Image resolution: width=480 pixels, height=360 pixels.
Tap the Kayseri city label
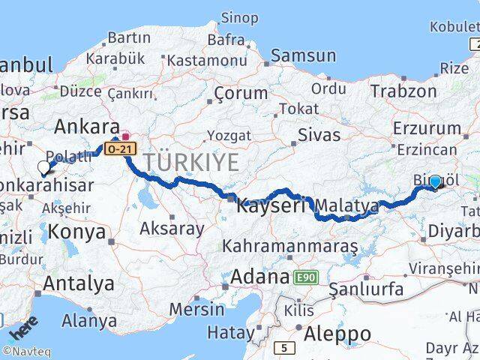pyautogui.click(x=271, y=205)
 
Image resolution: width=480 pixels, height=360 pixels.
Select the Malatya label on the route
pyautogui.click(x=347, y=205)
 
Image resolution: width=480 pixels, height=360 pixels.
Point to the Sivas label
pyautogui.click(x=319, y=135)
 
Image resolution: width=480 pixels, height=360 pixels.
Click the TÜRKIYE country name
pyautogui.click(x=191, y=161)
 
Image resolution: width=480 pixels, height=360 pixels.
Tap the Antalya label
pyautogui.click(x=79, y=283)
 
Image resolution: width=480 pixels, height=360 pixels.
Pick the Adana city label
pyautogui.click(x=259, y=277)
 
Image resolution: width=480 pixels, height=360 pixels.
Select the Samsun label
pyautogui.click(x=303, y=55)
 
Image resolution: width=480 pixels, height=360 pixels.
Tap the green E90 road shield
pyautogui.click(x=306, y=277)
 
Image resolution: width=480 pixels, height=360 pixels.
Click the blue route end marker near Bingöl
pyautogui.click(x=435, y=181)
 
